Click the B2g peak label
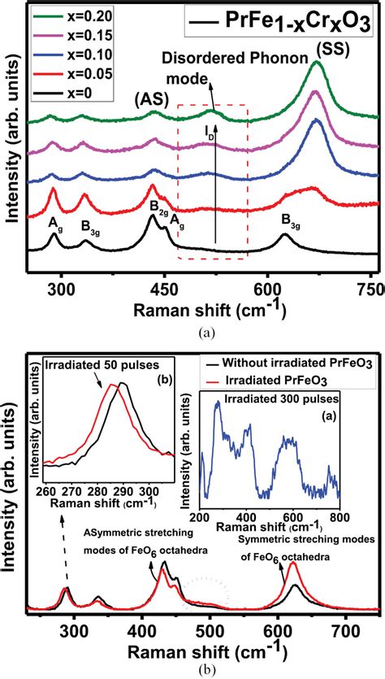tap(158, 206)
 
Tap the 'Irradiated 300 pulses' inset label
tap(270, 400)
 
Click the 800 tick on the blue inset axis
tap(340, 516)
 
